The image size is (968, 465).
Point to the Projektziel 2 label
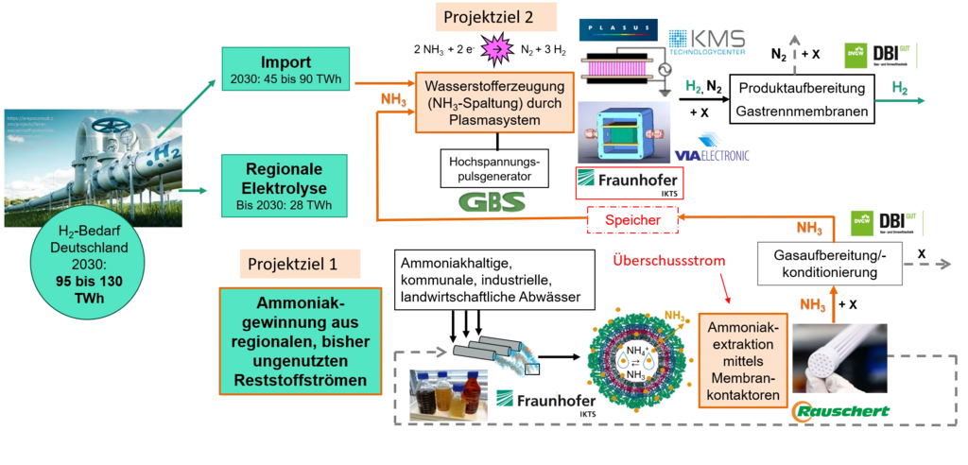tap(496, 17)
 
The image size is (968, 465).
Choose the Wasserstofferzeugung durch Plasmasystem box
tap(493, 102)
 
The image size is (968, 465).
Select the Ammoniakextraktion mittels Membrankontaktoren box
tap(742, 362)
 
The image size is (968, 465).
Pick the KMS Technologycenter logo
tap(708, 42)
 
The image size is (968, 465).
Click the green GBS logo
tap(491, 201)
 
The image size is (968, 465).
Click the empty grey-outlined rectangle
tap(829, 263)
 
